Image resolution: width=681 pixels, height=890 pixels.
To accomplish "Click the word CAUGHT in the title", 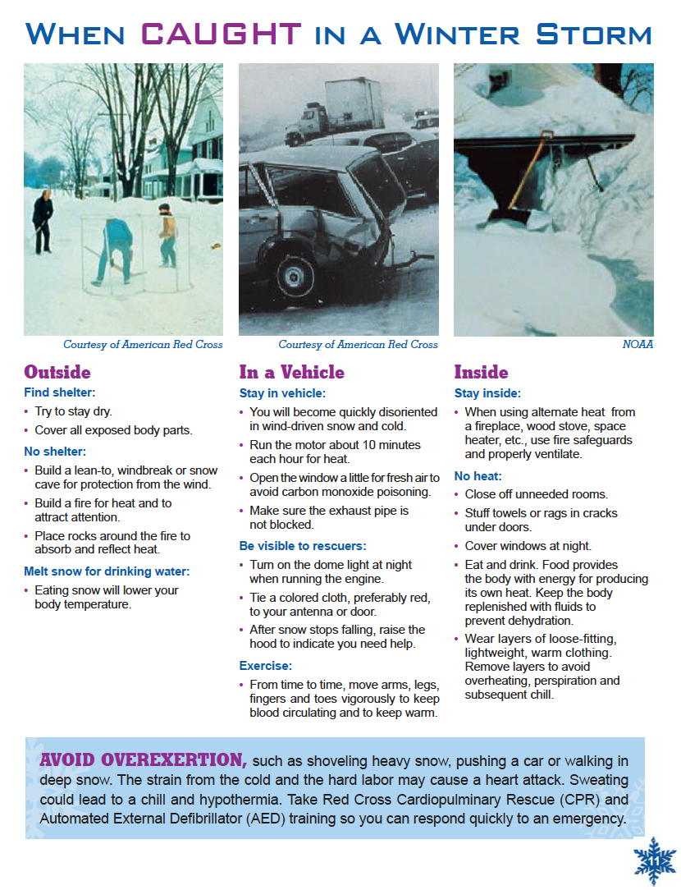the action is [221, 34].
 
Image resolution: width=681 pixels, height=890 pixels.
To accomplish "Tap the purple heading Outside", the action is [57, 372].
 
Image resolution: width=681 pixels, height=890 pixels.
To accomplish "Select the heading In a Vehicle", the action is [291, 372].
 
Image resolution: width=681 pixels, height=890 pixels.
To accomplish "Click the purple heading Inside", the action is [481, 372].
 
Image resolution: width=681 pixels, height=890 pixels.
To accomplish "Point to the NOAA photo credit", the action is [638, 345].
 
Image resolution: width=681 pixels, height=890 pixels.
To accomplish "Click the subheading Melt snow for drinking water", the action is [107, 571].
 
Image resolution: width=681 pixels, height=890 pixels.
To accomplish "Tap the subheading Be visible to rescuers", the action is [303, 546].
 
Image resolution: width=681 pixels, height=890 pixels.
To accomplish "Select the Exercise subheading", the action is [265, 666].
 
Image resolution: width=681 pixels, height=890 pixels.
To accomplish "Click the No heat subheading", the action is [478, 476].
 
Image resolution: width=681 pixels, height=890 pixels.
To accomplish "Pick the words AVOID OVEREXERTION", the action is [144, 759].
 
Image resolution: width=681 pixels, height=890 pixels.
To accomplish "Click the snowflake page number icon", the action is [655, 860].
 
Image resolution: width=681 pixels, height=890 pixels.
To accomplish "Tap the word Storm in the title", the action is [593, 34].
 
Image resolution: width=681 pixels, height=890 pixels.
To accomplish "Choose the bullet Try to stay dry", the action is [73, 411].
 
